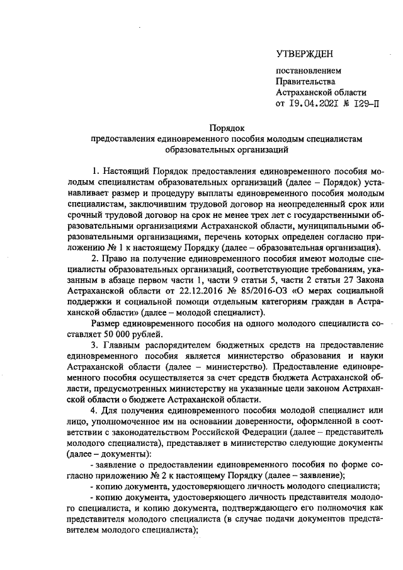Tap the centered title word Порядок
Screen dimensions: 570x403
click(x=226, y=128)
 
